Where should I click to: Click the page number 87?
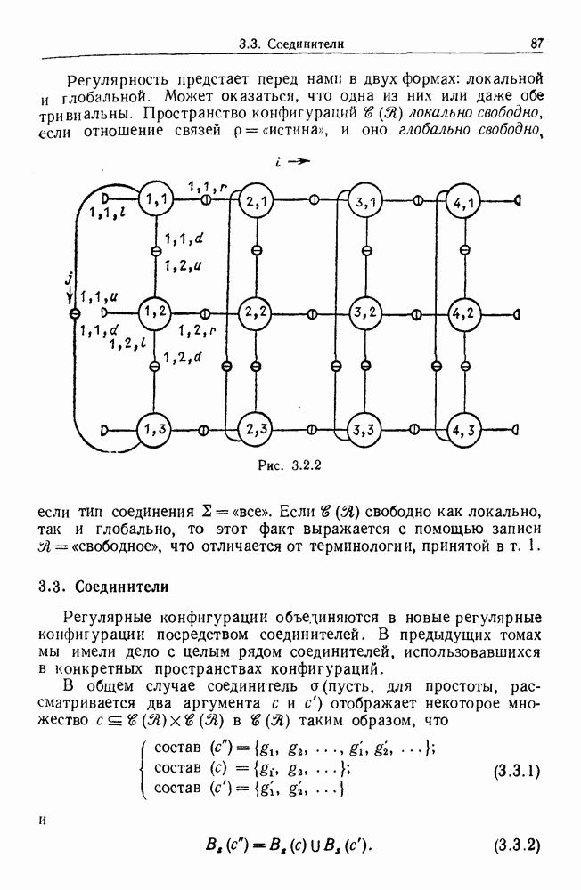536,42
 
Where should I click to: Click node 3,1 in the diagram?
364,202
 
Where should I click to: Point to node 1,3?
155,428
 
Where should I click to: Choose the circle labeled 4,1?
463,201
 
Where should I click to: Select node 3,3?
364,429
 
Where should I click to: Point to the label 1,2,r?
198,331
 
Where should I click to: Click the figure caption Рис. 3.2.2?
286,464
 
